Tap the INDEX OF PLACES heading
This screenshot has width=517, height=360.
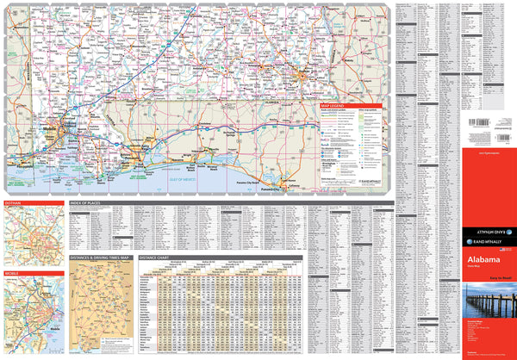(x=90, y=204)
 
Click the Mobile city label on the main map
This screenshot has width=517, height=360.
(x=49, y=130)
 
